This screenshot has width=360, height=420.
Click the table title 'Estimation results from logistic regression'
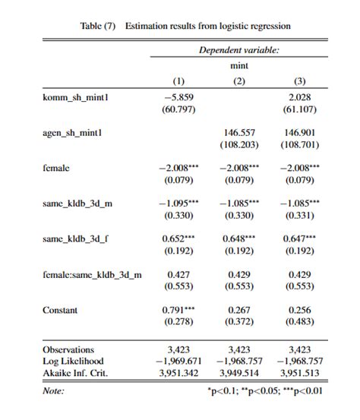(207, 26)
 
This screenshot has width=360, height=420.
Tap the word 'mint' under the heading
(238, 66)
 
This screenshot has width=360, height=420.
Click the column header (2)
(238, 81)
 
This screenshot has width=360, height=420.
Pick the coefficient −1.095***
(177, 204)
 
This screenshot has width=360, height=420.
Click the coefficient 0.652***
(178, 238)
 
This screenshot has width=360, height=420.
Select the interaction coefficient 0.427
(177, 274)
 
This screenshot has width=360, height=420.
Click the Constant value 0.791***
(178, 310)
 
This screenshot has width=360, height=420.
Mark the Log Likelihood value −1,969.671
(177, 361)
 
